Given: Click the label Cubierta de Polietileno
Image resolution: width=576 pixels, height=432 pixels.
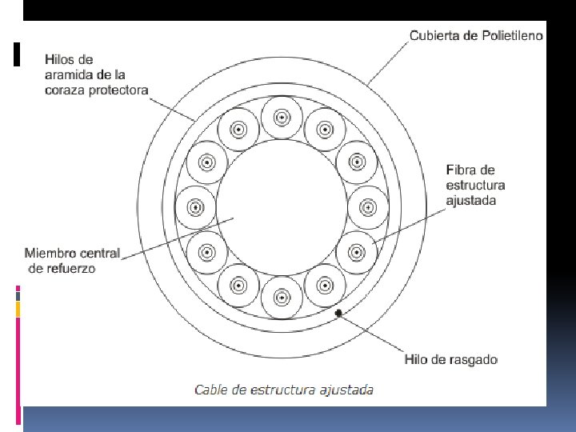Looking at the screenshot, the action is (x=476, y=35).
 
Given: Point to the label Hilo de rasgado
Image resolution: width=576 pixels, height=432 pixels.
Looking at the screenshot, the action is (x=451, y=359).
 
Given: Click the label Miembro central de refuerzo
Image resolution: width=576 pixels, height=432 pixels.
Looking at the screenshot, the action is (x=72, y=261).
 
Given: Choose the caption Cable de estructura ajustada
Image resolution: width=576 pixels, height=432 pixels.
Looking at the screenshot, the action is (x=284, y=390).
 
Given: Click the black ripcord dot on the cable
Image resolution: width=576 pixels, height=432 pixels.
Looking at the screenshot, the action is (x=339, y=313).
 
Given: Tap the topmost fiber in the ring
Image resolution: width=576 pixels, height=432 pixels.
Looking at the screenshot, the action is (x=282, y=118).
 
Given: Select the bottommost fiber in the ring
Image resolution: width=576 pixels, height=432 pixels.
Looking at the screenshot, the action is (x=282, y=297).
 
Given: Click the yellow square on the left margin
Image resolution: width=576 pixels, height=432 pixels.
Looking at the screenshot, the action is (x=18, y=309).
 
